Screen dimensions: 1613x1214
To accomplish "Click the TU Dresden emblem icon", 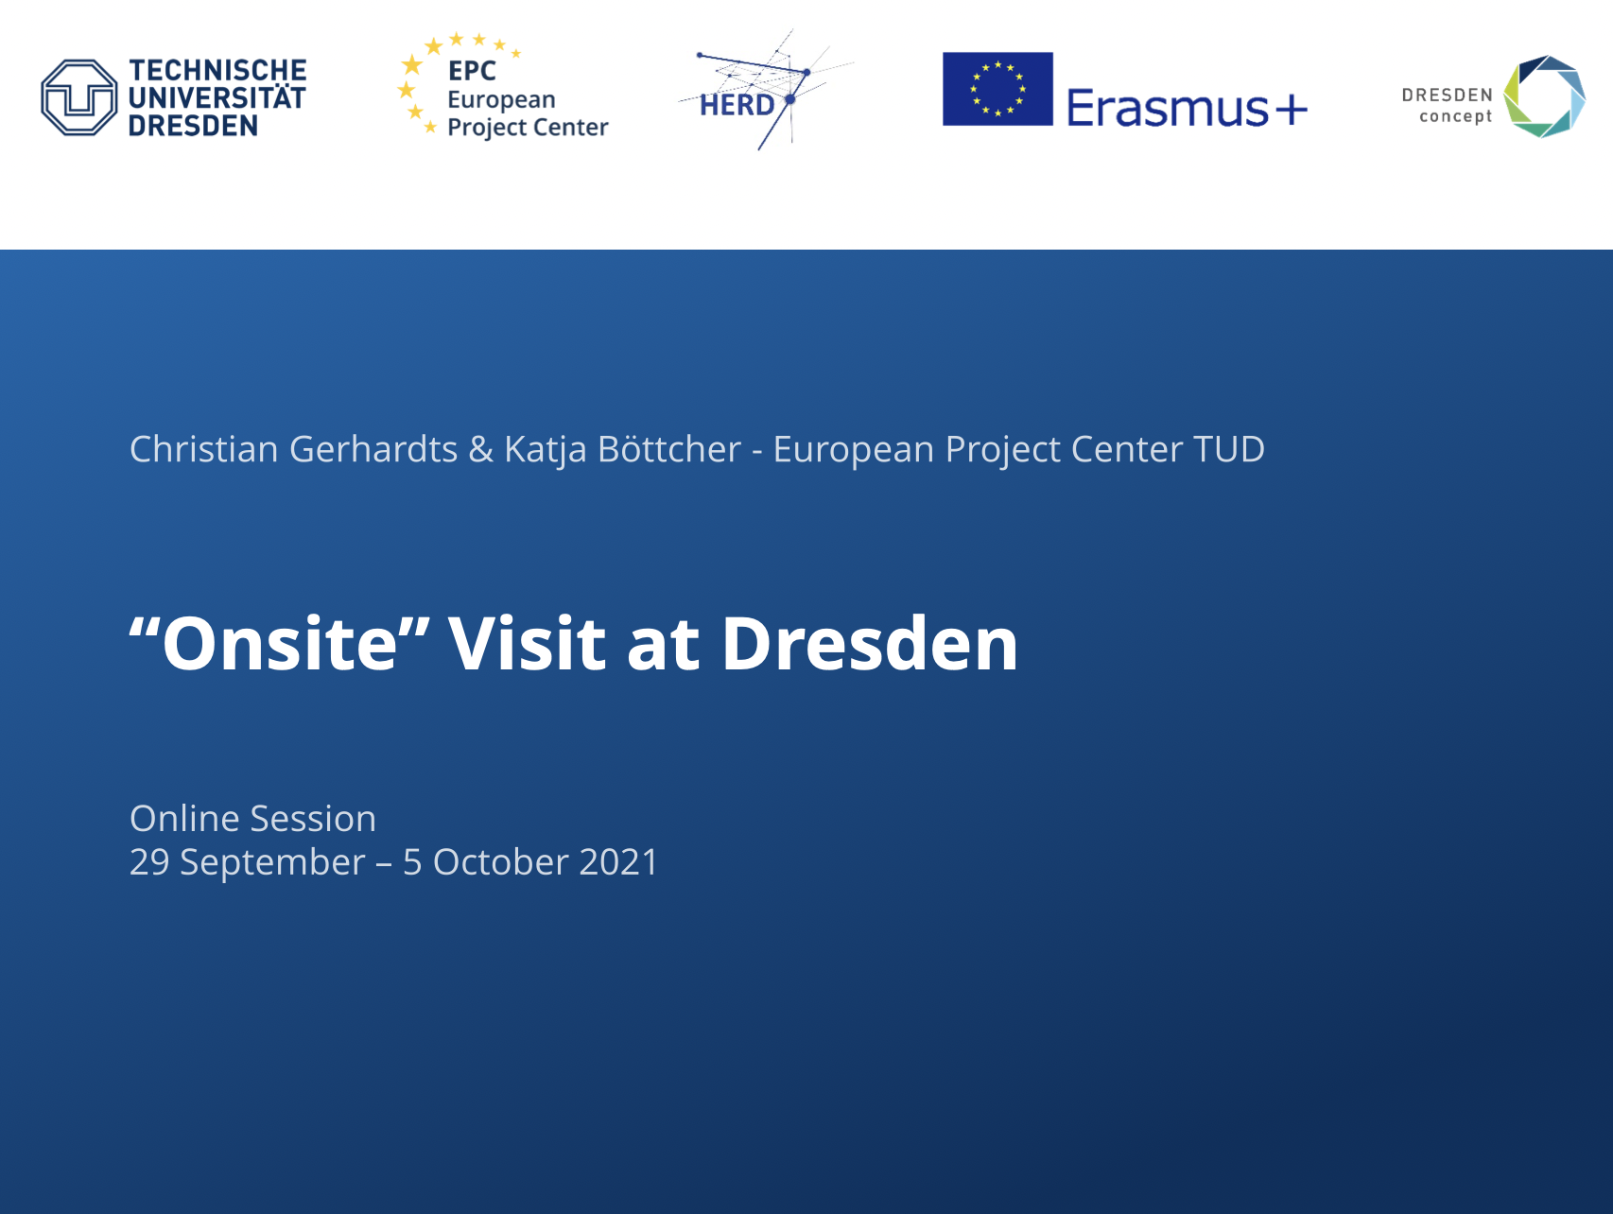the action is (x=79, y=97).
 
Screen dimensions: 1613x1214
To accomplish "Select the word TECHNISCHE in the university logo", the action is (x=217, y=71).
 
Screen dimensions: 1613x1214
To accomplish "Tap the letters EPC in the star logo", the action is (x=472, y=71).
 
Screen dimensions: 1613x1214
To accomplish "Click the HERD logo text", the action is (x=737, y=105).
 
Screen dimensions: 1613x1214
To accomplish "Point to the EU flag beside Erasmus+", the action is (x=997, y=89).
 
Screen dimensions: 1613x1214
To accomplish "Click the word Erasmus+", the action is (x=1188, y=107).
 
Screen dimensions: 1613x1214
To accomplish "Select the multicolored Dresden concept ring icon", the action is (x=1545, y=96).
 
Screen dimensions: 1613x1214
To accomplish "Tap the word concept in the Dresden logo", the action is (x=1456, y=116).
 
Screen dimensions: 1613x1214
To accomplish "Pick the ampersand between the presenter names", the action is (x=481, y=449).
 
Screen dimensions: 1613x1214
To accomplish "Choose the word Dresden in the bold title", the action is (x=870, y=643).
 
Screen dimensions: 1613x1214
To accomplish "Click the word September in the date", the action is (x=272, y=863).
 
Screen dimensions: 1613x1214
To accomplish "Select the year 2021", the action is (x=618, y=862).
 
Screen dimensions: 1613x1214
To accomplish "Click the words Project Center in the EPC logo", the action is (x=528, y=128).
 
